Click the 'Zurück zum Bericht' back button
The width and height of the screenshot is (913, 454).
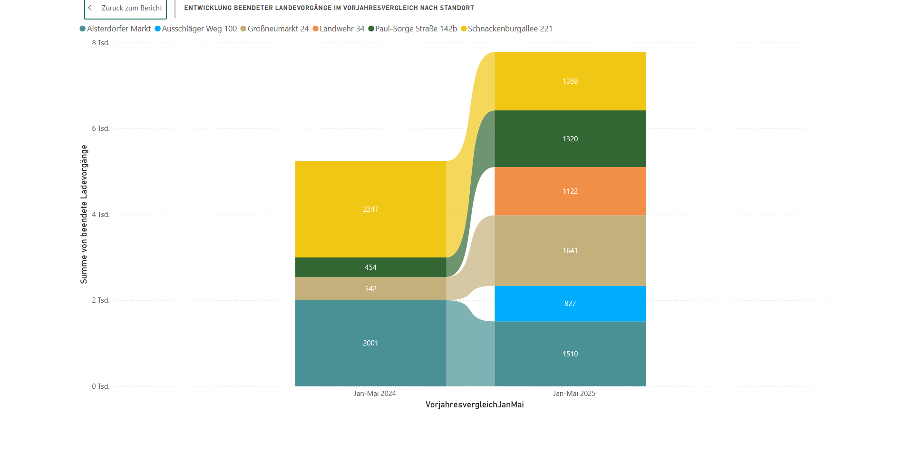(126, 8)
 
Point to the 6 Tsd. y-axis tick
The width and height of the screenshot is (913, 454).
(101, 128)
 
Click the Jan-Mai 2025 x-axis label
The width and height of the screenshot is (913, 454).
(574, 394)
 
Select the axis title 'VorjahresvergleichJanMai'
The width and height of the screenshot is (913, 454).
(475, 405)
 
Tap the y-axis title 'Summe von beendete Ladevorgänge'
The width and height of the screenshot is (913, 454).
(84, 214)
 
